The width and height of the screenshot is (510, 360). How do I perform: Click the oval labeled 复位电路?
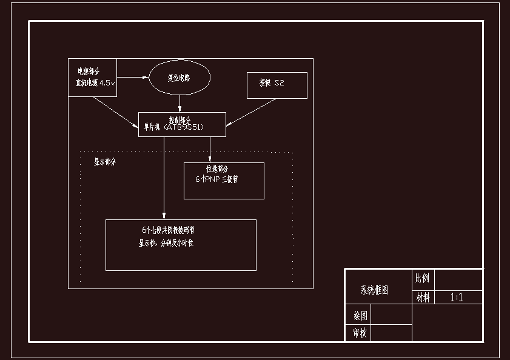click(180, 78)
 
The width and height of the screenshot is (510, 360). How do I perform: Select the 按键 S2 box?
click(277, 85)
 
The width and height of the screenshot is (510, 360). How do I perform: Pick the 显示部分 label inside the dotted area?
click(104, 162)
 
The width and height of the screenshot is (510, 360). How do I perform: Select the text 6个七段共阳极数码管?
click(168, 231)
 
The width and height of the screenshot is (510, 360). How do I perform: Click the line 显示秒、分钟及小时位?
click(166, 243)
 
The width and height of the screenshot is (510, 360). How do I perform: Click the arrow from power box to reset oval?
click(133, 78)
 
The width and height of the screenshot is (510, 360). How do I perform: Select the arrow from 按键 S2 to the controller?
click(252, 112)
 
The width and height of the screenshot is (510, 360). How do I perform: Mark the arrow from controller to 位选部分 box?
click(210, 149)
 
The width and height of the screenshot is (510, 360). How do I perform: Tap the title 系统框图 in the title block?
click(374, 290)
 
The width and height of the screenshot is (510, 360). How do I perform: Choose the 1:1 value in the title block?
click(457, 298)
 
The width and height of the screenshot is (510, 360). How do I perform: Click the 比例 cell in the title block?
click(422, 278)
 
